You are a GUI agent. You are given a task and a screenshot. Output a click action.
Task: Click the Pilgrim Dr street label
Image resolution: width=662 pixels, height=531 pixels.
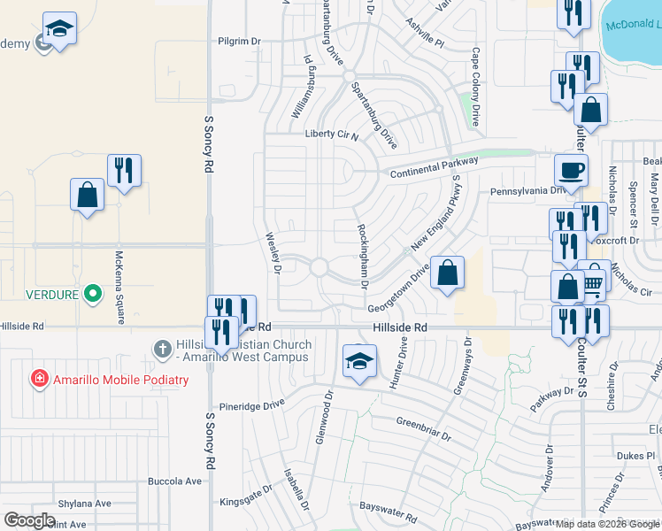tap(240, 41)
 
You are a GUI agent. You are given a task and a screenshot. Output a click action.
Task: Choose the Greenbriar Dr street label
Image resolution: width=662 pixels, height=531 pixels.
tap(425, 429)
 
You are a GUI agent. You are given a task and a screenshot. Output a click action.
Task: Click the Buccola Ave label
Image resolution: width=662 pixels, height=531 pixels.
tap(175, 481)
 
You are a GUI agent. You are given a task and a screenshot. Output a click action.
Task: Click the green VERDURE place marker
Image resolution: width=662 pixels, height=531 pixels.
tap(92, 293)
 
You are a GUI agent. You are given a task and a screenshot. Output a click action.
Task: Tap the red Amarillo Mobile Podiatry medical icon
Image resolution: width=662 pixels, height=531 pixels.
tap(39, 380)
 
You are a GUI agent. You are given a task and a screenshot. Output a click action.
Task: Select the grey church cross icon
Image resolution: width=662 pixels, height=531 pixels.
tap(162, 349)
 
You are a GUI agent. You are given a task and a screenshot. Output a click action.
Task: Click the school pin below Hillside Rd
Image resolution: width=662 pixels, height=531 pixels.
tap(359, 362)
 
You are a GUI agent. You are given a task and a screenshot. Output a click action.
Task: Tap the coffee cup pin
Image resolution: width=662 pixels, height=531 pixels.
tap(571, 170)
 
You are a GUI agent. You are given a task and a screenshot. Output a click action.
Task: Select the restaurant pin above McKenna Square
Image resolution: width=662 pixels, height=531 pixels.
tap(124, 171)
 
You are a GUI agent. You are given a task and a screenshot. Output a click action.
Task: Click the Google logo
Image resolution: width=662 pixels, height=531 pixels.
tap(29, 521)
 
